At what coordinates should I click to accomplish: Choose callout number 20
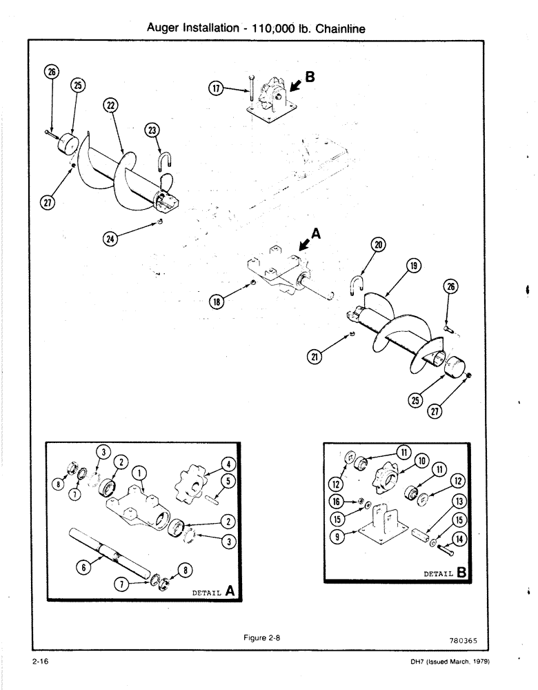point(379,244)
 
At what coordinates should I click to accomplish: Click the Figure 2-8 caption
point(263,638)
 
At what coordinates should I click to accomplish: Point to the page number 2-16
point(39,662)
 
